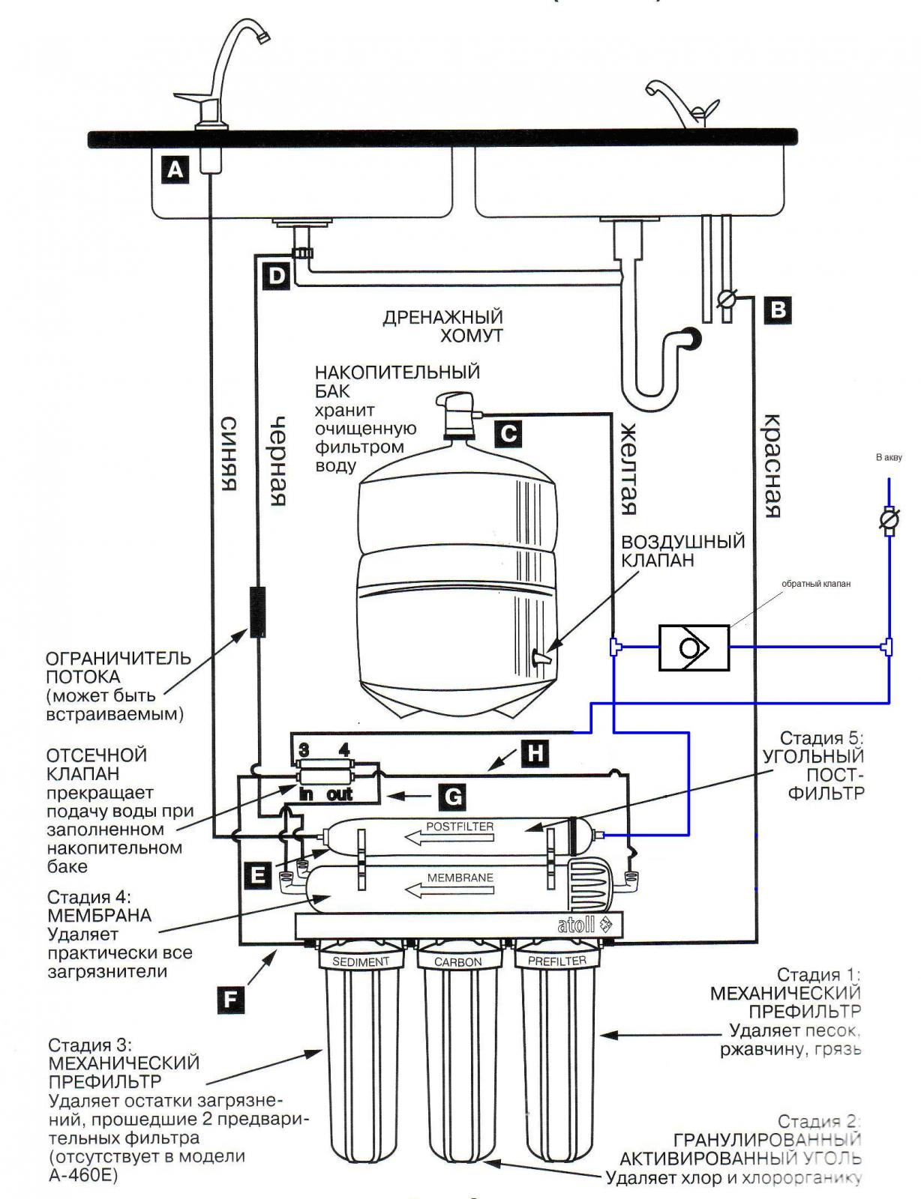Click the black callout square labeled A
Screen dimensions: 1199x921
(175, 169)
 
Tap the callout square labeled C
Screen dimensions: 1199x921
(509, 432)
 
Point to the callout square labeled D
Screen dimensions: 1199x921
(277, 277)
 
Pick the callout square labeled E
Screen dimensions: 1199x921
(258, 875)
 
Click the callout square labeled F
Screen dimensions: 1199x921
(231, 1000)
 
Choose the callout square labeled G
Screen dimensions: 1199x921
(452, 796)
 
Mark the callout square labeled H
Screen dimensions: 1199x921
(535, 752)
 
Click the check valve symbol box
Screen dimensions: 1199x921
(694, 647)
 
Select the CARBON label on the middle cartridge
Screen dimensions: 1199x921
(458, 961)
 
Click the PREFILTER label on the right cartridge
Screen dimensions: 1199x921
(556, 960)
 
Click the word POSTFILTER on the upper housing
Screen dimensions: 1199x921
(460, 827)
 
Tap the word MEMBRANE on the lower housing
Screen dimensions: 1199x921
(460, 877)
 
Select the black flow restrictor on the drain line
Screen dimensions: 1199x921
(257, 612)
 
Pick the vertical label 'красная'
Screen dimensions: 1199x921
(772, 466)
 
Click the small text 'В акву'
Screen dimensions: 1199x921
(889, 458)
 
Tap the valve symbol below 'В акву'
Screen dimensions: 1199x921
(889, 519)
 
